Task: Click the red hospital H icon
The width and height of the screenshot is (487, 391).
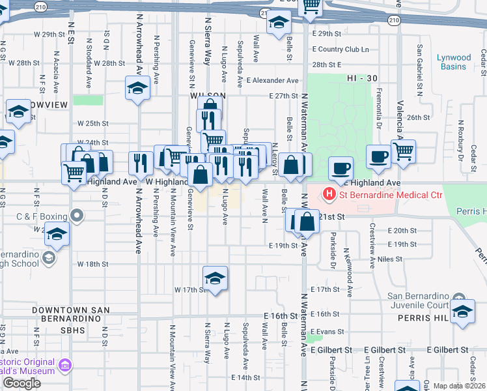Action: tap(329, 194)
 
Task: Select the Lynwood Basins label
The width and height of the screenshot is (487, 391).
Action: tap(454, 62)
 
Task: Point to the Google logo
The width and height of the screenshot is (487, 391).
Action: tap(21, 383)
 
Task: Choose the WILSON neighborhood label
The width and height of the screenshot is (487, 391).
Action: tap(208, 96)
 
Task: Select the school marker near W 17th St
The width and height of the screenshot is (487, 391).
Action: tap(215, 278)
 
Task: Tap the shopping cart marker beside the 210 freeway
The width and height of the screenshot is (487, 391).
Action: tap(311, 5)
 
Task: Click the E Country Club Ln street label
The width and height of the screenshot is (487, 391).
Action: tap(340, 49)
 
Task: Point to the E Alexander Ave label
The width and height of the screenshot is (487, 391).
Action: tap(272, 81)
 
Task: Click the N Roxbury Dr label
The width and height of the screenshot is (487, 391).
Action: tap(460, 140)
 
